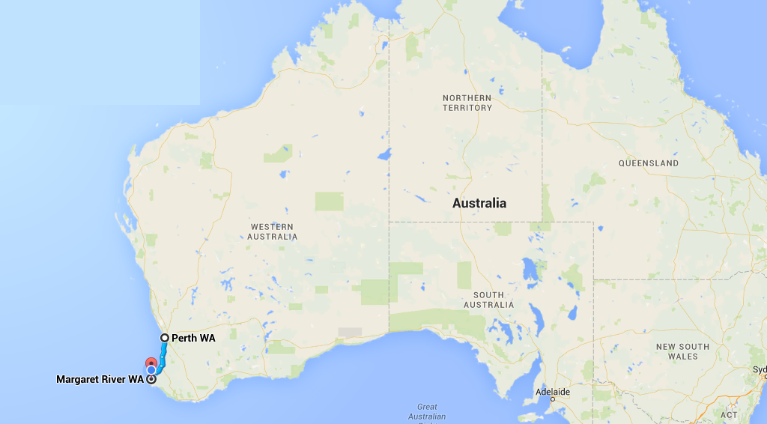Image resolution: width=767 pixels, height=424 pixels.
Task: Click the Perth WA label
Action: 193,338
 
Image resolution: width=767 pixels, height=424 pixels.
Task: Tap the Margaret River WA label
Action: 100,379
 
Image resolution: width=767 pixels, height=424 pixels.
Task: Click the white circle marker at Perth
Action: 164,338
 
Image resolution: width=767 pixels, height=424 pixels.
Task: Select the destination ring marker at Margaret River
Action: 151,379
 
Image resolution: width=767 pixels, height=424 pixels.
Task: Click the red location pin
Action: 150,363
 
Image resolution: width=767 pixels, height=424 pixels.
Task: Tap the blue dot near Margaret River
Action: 151,369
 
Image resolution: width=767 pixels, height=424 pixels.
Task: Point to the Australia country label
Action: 479,203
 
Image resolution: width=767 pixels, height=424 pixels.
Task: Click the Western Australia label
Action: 273,231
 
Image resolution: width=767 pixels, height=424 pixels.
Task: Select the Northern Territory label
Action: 467,103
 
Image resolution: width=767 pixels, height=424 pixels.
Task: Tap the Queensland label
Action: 649,163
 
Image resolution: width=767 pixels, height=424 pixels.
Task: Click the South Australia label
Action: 488,300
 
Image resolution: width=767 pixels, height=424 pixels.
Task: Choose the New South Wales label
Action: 682,351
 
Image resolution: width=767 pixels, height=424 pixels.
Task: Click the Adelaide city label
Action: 553,392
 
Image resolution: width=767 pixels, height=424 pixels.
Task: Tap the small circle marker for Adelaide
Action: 553,399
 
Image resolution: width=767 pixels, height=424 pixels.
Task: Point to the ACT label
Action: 728,414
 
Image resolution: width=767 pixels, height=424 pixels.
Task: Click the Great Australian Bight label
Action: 428,412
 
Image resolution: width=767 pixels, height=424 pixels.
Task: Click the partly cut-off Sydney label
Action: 760,369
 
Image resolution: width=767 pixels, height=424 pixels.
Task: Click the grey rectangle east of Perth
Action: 350,332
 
